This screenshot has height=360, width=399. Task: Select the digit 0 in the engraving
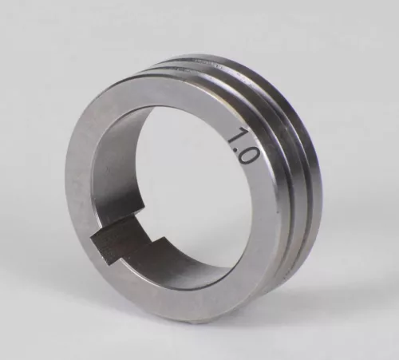(x=246, y=153)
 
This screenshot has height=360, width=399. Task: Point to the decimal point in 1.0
(x=239, y=146)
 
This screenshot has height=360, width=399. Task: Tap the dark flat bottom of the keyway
(x=120, y=243)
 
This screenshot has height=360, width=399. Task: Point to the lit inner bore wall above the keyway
(x=112, y=176)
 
